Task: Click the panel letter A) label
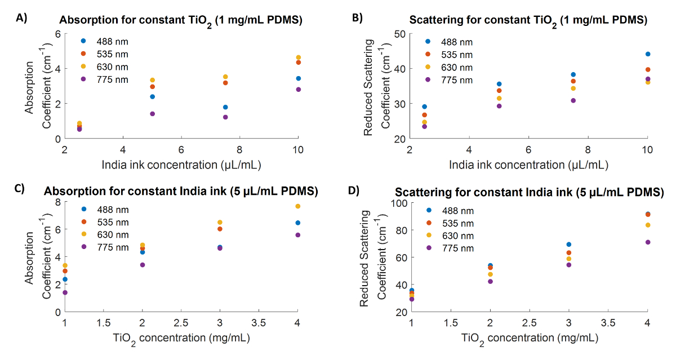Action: (x=21, y=18)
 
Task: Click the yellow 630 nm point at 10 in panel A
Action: (x=298, y=57)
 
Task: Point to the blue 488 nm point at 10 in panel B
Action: (x=648, y=54)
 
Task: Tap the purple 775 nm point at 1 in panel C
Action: (x=65, y=292)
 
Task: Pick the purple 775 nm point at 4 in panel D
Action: (x=648, y=242)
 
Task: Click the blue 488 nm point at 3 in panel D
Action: (x=569, y=245)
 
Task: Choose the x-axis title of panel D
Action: (x=530, y=338)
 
